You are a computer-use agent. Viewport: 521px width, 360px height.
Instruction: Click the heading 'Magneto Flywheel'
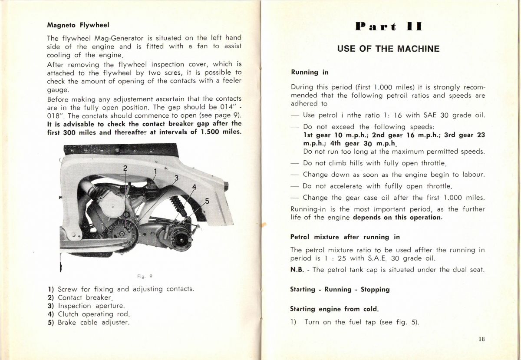tap(78, 25)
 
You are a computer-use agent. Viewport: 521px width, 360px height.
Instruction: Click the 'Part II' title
tap(388, 26)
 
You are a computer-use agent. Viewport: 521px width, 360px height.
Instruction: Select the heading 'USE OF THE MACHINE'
tap(388, 49)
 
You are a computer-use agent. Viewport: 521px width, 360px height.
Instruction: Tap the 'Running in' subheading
tap(310, 72)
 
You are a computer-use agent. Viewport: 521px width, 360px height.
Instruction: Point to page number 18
tap(481, 340)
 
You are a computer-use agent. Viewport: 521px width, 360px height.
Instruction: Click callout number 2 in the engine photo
tap(125, 168)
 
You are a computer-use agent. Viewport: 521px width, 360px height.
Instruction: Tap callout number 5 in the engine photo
tap(207, 201)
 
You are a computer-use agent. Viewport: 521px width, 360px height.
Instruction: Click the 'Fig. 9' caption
tap(145, 276)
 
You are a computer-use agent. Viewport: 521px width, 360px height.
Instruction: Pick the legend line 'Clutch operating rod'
tap(89, 314)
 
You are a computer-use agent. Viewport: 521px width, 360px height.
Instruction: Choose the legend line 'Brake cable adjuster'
tap(89, 322)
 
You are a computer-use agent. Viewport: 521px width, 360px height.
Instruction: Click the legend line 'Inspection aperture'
tap(86, 306)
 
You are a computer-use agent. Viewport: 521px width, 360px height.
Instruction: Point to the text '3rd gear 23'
tap(466, 135)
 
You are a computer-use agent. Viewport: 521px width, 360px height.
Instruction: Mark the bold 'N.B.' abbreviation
tap(297, 270)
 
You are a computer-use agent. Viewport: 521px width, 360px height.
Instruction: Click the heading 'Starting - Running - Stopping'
tap(340, 289)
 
